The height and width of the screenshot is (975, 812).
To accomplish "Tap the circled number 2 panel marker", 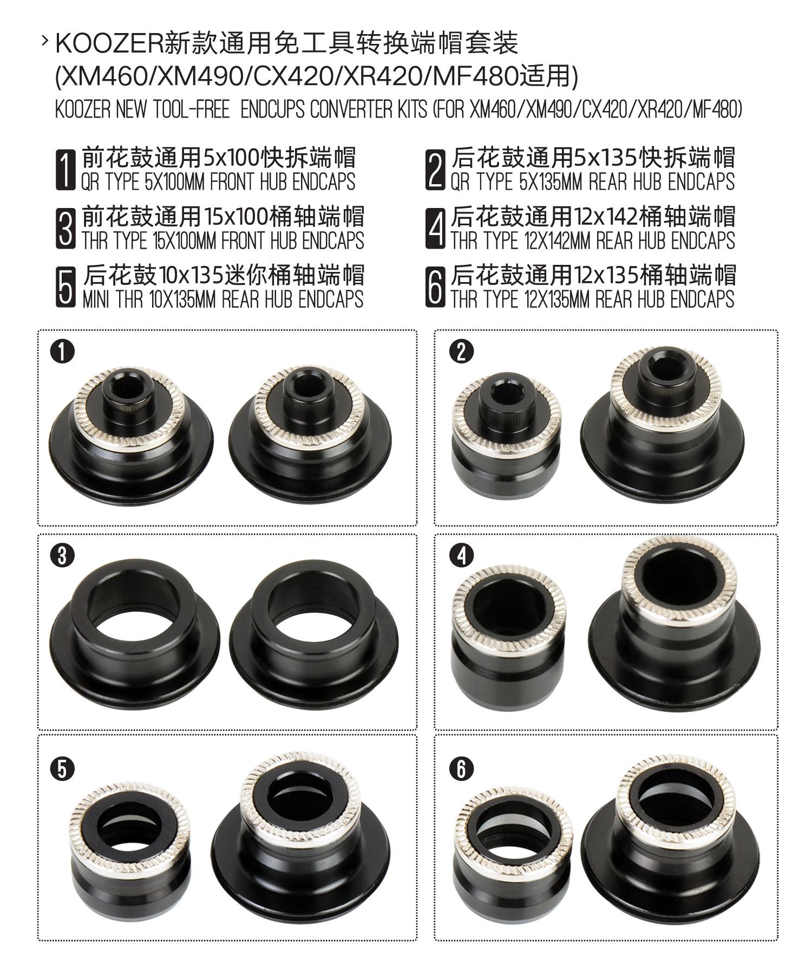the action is point(461,352).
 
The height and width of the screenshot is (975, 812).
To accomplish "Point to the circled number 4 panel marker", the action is point(461,557).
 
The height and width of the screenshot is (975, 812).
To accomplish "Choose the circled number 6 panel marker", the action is point(461,769).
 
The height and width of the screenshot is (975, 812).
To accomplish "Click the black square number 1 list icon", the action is point(66,170).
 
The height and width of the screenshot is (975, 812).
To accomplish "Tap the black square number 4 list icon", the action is point(435,229).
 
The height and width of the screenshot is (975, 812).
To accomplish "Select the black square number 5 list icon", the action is point(66,287).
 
